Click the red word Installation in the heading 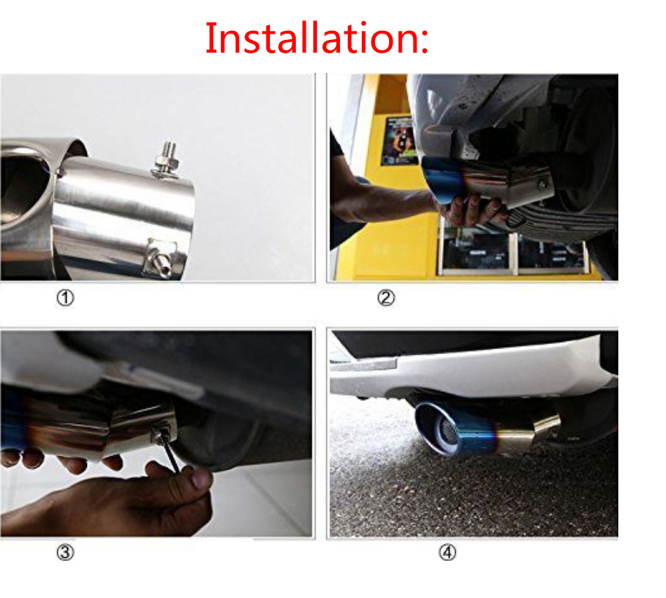click(311, 39)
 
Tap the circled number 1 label click(65, 298)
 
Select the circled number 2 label click(386, 298)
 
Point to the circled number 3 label click(65, 552)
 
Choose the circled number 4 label click(447, 552)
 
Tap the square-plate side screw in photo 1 click(161, 259)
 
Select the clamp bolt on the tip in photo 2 click(543, 184)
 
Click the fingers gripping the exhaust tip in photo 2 click(472, 210)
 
